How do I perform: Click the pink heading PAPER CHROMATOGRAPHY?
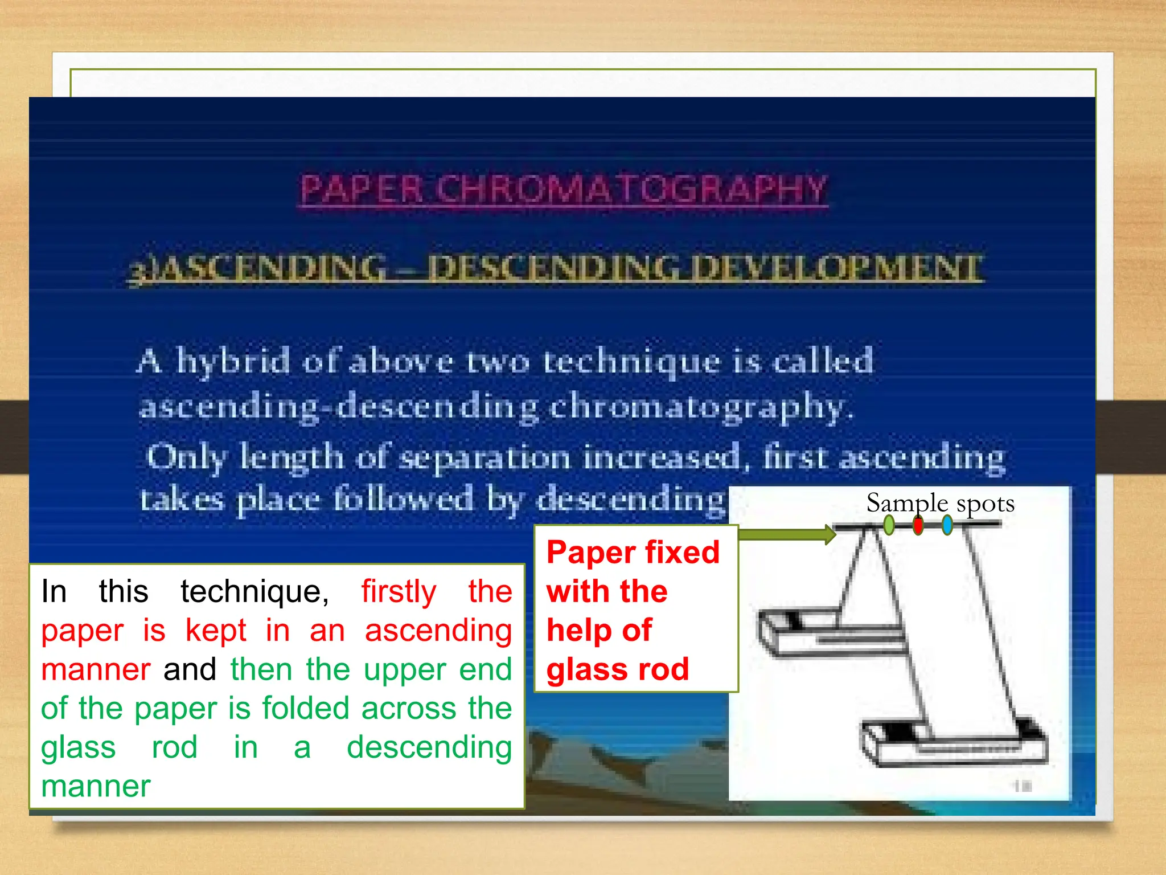[x=564, y=189]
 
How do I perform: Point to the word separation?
[x=484, y=458]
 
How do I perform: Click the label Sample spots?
[x=940, y=503]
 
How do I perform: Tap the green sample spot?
[x=889, y=525]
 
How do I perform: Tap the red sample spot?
[x=918, y=525]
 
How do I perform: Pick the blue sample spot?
[x=947, y=525]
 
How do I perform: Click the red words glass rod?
[x=618, y=669]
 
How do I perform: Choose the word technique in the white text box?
[x=254, y=592]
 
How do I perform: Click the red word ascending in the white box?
[x=438, y=631]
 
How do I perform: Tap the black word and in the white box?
[x=190, y=669]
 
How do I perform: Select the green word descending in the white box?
[x=429, y=747]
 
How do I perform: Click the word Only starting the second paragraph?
[x=186, y=458]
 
